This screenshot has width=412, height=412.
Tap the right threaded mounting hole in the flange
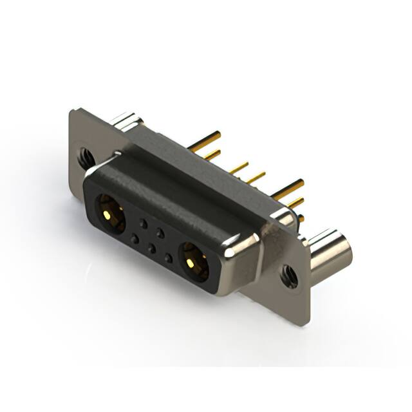(288, 276)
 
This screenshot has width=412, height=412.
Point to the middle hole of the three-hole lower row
(151, 248)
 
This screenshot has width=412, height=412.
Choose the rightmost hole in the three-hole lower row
(168, 258)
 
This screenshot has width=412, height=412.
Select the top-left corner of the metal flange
(71, 112)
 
